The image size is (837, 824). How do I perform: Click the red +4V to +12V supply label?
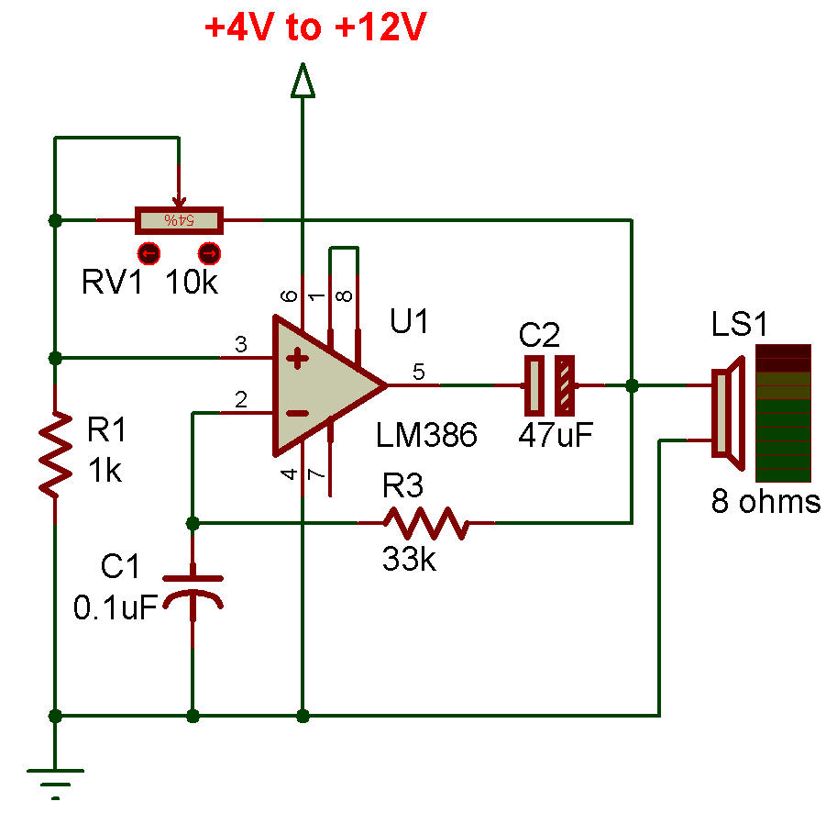315,27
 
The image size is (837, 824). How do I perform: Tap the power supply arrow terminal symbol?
303,81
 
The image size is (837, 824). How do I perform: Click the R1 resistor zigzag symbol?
56,454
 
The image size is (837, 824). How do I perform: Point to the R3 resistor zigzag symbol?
426,523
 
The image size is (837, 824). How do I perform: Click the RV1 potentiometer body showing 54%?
179,220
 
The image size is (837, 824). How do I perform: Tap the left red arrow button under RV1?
149,253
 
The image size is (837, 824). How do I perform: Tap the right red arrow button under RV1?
209,253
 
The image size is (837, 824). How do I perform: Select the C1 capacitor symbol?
193,593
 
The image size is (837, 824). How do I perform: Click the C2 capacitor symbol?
550,385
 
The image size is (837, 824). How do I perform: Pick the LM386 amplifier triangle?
330,385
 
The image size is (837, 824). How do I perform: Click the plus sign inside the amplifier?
297,359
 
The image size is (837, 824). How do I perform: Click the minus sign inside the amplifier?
297,413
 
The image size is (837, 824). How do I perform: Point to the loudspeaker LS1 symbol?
729,414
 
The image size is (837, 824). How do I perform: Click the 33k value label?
410,560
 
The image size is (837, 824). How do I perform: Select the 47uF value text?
556,435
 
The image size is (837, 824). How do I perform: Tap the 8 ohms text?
766,502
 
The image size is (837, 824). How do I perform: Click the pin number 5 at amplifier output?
419,372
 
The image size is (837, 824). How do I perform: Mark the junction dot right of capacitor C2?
632,385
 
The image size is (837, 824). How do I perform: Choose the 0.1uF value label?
116,607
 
